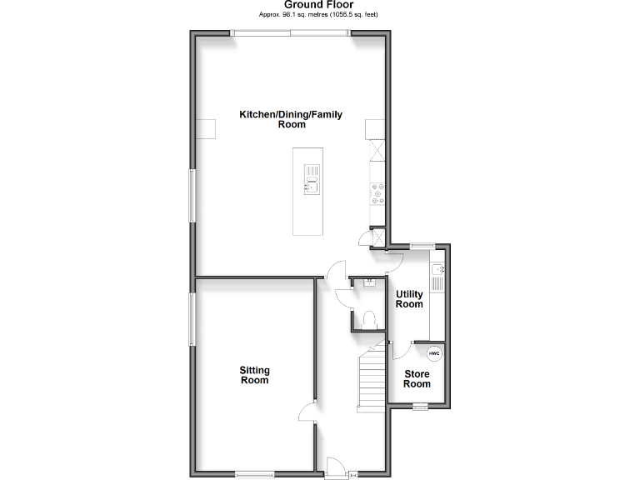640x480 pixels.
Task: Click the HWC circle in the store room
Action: click(435, 353)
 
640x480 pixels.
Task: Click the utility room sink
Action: click(437, 270)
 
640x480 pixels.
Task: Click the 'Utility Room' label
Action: click(409, 299)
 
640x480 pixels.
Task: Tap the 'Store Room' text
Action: click(417, 379)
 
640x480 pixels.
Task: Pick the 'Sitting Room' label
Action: click(254, 375)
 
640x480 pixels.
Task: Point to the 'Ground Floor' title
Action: click(318, 5)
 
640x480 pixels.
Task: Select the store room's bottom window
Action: click(420, 407)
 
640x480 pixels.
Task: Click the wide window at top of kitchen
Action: click(291, 33)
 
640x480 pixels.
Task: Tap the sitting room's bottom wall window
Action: click(254, 475)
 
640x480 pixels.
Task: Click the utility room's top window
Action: click(422, 245)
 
